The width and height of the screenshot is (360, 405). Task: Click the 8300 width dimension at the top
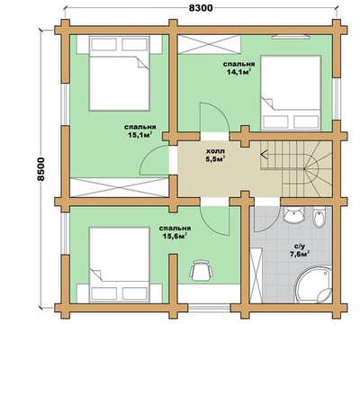click(x=201, y=8)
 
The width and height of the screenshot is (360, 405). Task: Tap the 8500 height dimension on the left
click(x=40, y=169)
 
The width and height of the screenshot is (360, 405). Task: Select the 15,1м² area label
click(x=140, y=135)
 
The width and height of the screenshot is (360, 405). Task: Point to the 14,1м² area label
click(x=239, y=72)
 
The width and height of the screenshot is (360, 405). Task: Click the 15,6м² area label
click(x=175, y=236)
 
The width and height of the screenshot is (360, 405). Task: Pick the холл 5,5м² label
click(x=215, y=155)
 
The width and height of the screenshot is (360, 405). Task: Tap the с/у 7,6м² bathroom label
click(x=300, y=250)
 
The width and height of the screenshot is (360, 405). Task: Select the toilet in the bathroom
click(x=319, y=217)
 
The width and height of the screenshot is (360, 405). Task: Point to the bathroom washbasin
click(x=294, y=214)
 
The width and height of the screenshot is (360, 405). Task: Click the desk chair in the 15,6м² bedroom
click(x=201, y=270)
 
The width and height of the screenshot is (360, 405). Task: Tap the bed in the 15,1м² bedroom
click(x=120, y=73)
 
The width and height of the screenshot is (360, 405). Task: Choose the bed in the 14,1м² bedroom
click(x=291, y=93)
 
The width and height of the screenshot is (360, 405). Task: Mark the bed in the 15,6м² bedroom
click(x=120, y=265)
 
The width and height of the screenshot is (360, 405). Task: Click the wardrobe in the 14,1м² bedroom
click(x=209, y=44)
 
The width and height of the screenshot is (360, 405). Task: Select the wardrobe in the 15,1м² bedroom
click(x=119, y=187)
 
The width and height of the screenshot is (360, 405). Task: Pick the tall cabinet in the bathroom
click(x=256, y=275)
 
